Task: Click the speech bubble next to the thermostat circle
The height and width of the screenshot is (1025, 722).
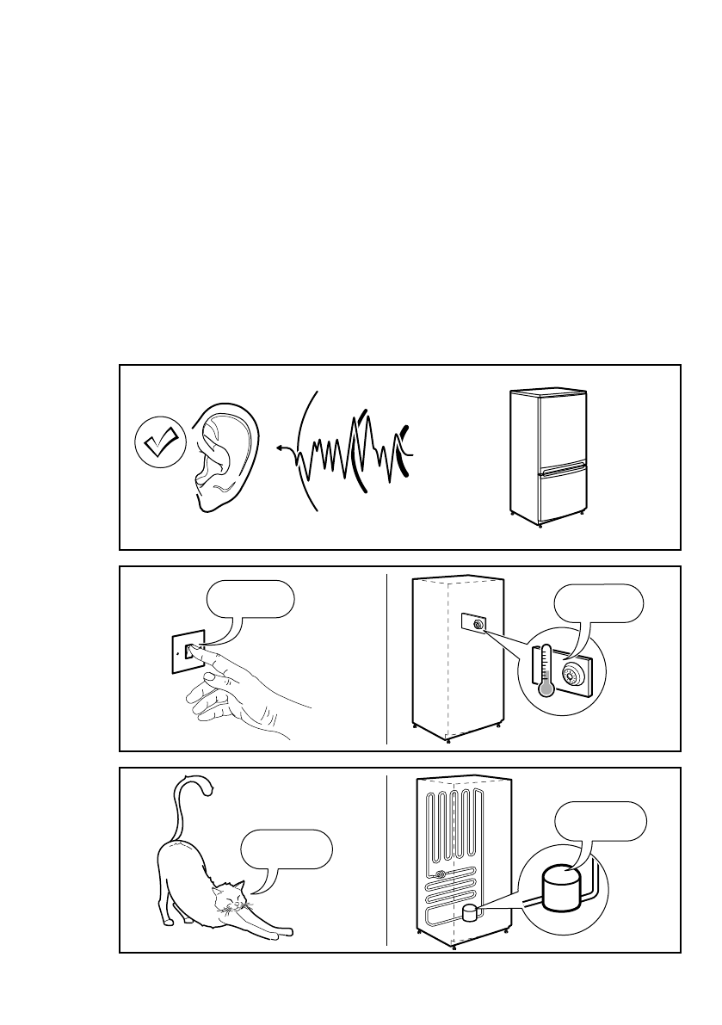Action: tap(598, 605)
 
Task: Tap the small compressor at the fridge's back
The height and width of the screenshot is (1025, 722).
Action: tap(470, 914)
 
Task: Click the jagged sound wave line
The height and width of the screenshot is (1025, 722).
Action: tap(353, 452)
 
